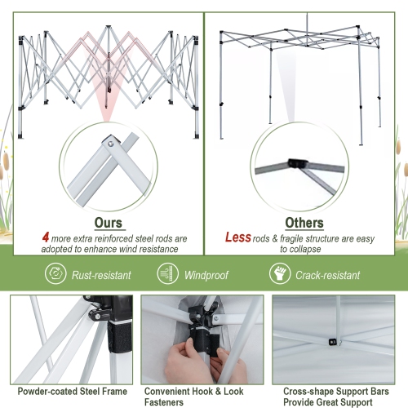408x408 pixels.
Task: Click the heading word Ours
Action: [108, 222]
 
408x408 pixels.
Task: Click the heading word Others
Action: [304, 222]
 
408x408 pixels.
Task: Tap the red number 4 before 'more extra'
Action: [46, 237]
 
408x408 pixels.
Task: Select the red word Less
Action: [237, 237]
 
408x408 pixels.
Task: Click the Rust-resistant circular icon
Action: [55, 274]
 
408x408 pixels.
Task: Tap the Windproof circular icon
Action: [167, 274]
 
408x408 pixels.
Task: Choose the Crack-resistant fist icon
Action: [279, 274]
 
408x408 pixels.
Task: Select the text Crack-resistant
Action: [328, 275]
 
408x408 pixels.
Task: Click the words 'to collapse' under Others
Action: [304, 248]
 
